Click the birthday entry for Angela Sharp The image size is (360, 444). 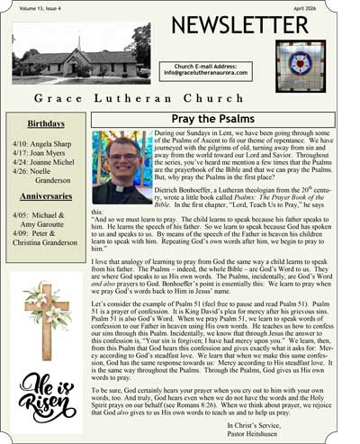coord(48,144)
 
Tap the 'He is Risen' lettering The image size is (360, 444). coord(45,398)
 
